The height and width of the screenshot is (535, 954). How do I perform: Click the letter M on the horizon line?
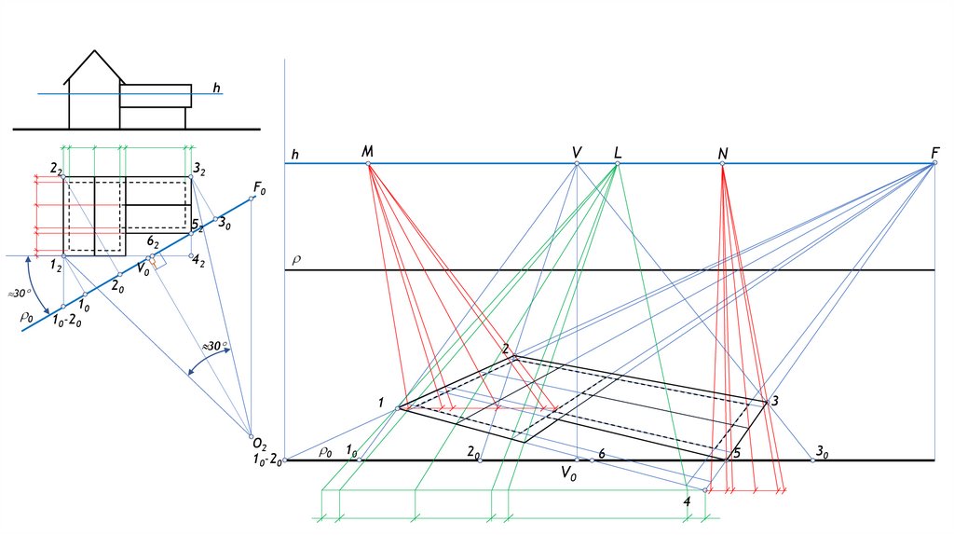tap(367, 151)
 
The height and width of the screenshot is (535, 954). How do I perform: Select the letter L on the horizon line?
tap(618, 152)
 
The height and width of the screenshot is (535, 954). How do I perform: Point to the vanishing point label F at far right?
tap(934, 152)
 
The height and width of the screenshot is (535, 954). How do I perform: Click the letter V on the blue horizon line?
tap(577, 152)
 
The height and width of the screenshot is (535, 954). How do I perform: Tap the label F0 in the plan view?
tap(259, 189)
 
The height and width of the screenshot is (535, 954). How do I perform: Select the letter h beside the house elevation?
tap(216, 89)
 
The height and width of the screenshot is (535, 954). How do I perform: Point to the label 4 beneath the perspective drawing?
tap(687, 502)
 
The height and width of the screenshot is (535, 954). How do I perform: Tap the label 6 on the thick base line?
tap(602, 453)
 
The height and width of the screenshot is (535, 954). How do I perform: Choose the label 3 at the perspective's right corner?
tap(774, 401)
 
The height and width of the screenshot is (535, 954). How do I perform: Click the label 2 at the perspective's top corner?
tap(506, 349)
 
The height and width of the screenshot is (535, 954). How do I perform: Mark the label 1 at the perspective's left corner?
tap(381, 403)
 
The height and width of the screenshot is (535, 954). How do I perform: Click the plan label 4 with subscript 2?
tap(198, 263)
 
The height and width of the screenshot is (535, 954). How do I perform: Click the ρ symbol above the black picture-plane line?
tap(296, 259)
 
